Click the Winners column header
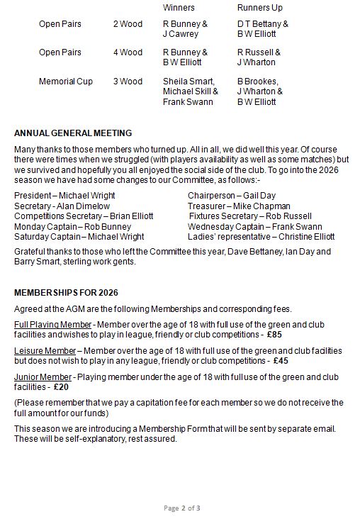click(179, 8)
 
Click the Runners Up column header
click(259, 8)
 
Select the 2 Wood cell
click(128, 24)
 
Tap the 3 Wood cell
click(128, 82)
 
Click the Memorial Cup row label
click(66, 82)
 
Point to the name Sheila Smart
click(189, 82)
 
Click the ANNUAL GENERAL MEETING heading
click(73, 133)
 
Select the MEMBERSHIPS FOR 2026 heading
click(66, 293)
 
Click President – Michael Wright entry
click(64, 196)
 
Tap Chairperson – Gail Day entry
click(232, 196)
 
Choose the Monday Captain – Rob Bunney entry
click(72, 226)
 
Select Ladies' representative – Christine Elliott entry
click(261, 237)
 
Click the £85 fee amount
click(274, 335)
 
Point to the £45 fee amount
click(281, 361)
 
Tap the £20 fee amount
click(62, 387)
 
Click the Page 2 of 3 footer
click(181, 508)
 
